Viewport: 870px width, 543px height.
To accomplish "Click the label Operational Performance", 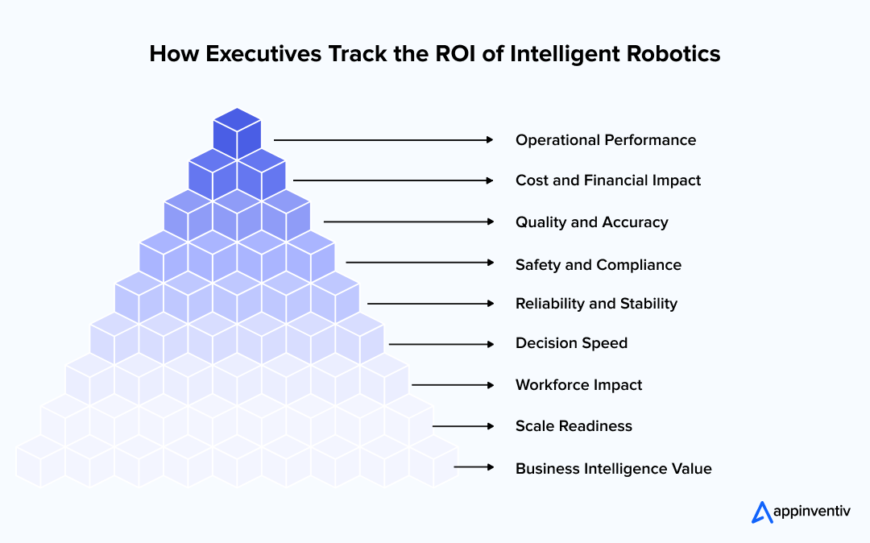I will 606,140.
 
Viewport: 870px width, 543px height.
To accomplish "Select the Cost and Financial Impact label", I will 608,180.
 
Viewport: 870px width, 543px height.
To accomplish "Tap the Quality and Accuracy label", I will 592,222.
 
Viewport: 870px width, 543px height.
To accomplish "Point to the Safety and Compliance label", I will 599,264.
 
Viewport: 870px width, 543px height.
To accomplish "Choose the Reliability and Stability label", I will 596,304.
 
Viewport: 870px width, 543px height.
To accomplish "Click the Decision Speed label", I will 571,343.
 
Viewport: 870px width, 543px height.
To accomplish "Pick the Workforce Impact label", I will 579,385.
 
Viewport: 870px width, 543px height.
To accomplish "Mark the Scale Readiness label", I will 574,426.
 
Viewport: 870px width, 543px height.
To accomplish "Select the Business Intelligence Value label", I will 614,468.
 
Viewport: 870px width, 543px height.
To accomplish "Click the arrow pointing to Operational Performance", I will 383,139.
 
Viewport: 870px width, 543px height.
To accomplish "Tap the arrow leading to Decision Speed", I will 441,344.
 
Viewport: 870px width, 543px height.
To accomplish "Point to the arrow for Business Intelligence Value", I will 474,467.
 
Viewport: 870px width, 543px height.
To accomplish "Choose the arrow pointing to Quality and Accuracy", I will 408,222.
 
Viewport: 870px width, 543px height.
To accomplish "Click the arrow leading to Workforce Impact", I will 452,385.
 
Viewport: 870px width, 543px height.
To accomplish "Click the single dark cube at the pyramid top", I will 237,132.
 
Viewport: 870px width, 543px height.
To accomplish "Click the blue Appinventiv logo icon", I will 761,512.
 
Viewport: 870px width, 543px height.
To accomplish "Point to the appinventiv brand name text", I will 811,512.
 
